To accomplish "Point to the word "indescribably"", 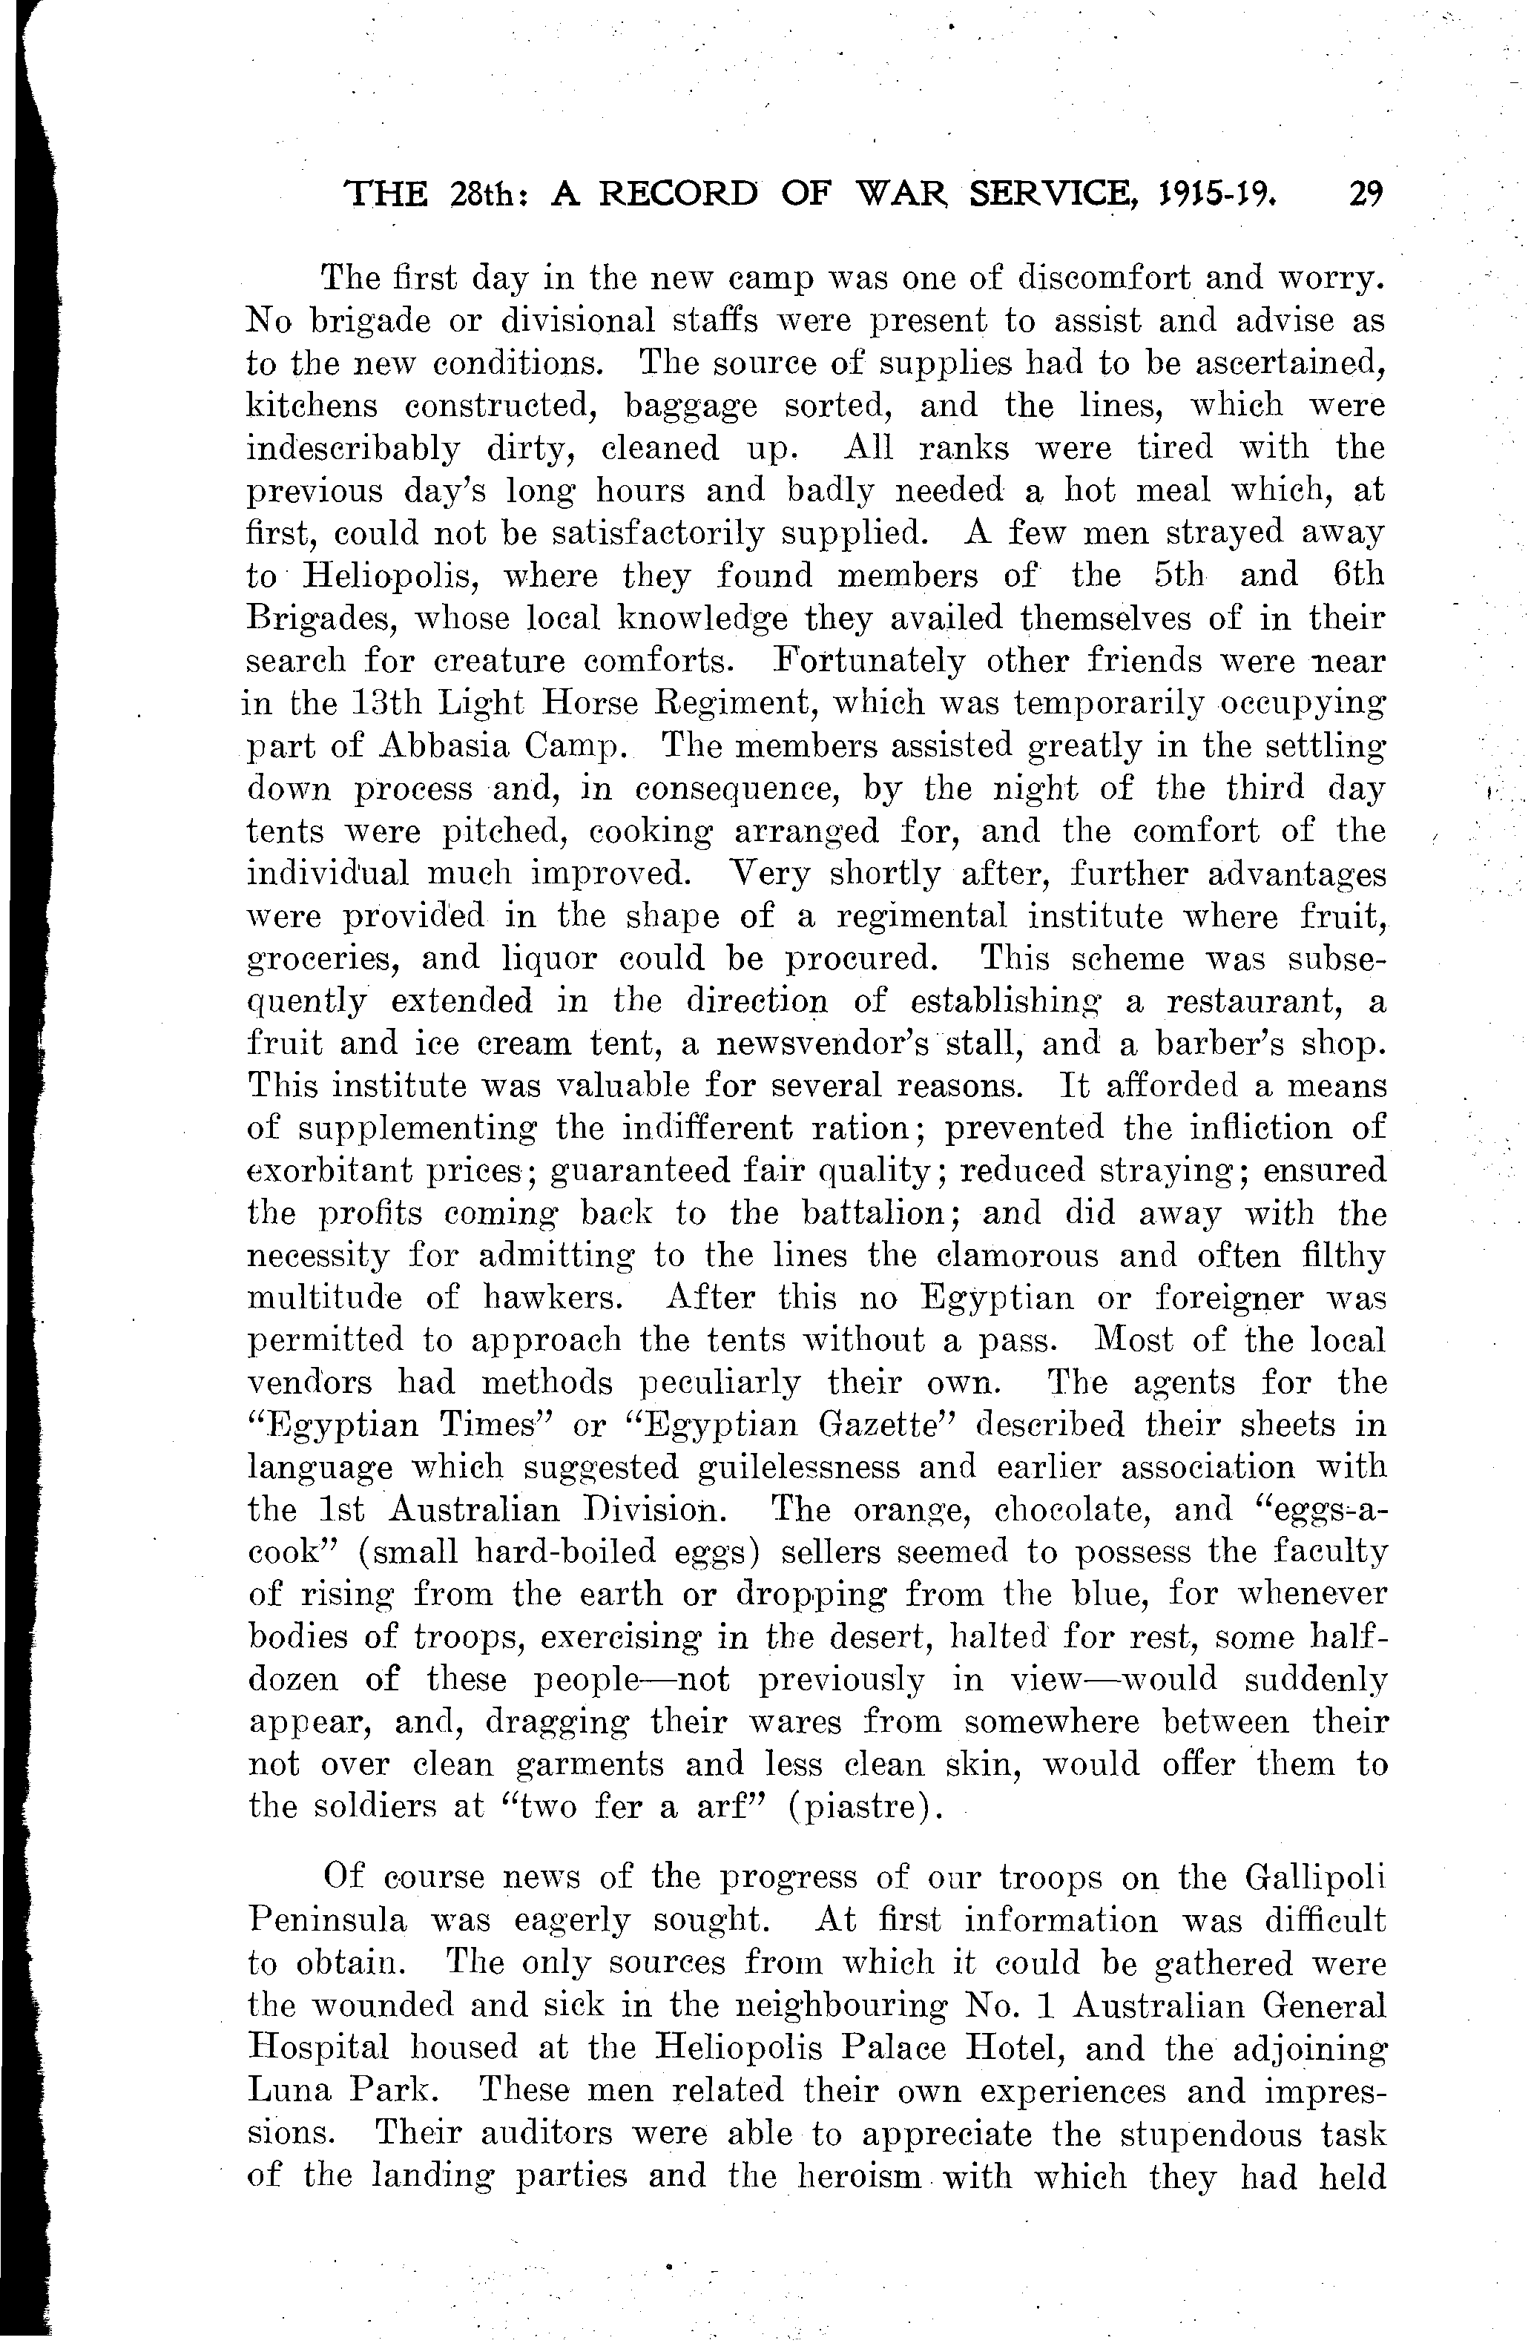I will (x=352, y=449).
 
